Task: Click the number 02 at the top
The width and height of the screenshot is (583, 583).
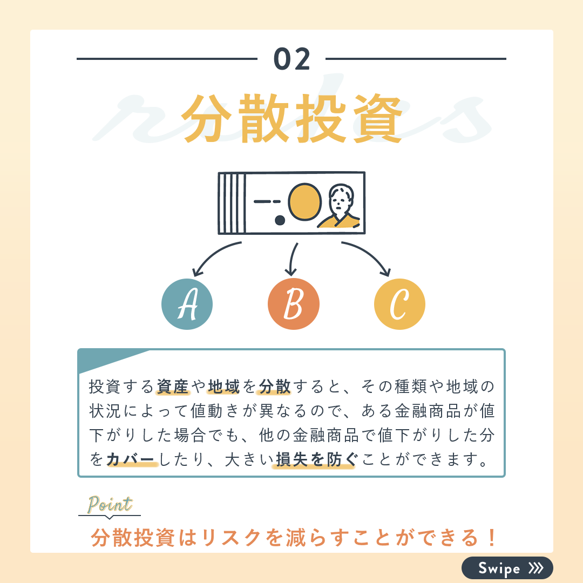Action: coord(292,59)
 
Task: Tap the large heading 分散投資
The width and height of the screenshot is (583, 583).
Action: coord(292,118)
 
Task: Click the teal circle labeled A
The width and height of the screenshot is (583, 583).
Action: coord(187,304)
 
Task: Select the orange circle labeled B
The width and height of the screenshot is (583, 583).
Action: coord(293,304)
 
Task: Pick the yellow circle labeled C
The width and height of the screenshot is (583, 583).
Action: coord(399,304)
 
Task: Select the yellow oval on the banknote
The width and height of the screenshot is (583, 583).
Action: coord(304,202)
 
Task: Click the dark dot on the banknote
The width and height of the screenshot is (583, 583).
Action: coord(280,220)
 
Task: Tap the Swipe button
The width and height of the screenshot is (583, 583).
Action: coord(507,568)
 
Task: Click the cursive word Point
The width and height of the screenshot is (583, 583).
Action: coord(110,505)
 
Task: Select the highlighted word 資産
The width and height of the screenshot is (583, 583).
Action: coord(173,387)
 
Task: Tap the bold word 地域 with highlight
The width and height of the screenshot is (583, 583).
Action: coord(224,387)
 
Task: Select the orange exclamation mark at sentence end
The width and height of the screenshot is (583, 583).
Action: coord(492,538)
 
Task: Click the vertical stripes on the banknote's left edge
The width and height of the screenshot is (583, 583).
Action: coord(232,203)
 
